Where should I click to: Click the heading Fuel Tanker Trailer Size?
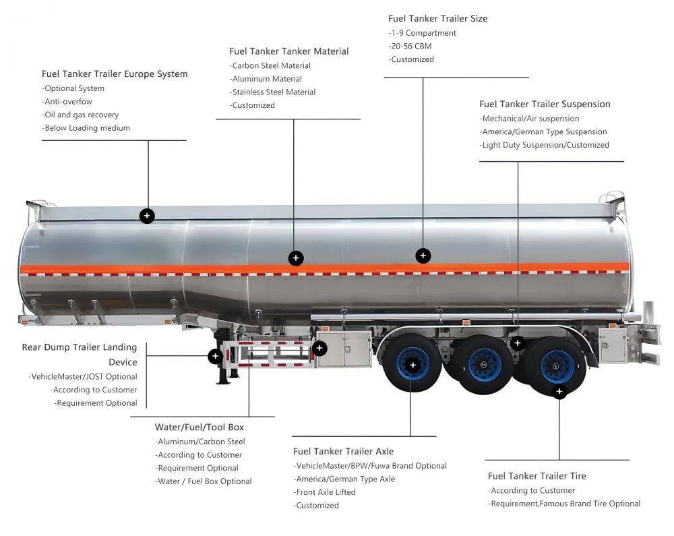[x=437, y=19]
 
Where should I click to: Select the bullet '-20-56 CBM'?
[x=410, y=47]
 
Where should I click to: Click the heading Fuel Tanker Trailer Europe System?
[x=115, y=74]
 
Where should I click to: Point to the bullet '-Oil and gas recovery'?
[x=80, y=115]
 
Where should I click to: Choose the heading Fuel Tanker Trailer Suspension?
[x=545, y=105]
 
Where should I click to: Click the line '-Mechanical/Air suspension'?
[x=529, y=119]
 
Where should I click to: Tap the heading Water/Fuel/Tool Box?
[x=200, y=427]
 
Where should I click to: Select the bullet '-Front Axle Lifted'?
[x=324, y=492]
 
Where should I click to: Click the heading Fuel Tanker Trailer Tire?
[x=537, y=476]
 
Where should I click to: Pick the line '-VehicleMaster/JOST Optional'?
[x=83, y=377]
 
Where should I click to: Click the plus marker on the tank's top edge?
[x=147, y=216]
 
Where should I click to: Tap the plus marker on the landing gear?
[x=216, y=356]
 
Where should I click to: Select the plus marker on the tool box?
[x=319, y=349]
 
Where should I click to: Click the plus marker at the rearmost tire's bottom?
[x=559, y=392]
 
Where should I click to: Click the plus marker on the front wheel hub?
[x=412, y=365]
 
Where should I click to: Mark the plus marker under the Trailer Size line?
[x=423, y=256]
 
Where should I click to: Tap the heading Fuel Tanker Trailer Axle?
[x=343, y=452]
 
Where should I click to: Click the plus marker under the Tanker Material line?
[x=295, y=258]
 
